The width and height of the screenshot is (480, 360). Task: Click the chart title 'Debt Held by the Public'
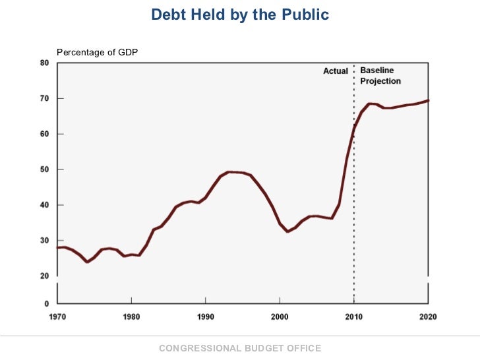(240, 15)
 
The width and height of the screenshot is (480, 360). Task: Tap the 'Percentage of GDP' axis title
(98, 52)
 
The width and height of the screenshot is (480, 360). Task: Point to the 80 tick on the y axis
(44, 63)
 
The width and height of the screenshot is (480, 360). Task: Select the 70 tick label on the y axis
(44, 99)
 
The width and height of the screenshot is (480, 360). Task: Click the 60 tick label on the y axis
(44, 134)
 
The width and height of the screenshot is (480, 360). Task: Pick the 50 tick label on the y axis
(44, 169)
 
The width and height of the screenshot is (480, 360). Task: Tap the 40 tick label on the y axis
(44, 205)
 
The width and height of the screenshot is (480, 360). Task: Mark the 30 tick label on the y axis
(44, 241)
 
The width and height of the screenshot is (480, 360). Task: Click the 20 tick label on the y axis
(44, 276)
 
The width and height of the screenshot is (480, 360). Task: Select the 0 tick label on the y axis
(46, 304)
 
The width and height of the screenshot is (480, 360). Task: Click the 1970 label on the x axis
(57, 316)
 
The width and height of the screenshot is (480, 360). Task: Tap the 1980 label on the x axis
(131, 316)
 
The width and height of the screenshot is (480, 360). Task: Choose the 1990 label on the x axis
(206, 316)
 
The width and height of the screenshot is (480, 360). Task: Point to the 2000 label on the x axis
(280, 316)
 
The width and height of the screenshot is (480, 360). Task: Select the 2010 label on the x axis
(354, 316)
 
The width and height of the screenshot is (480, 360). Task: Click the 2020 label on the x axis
(428, 316)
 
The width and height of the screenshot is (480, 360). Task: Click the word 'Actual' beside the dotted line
(336, 71)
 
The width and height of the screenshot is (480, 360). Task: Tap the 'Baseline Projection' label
(380, 76)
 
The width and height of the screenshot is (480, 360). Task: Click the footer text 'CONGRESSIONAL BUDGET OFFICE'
(240, 348)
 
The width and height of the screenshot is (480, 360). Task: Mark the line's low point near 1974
(87, 262)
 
